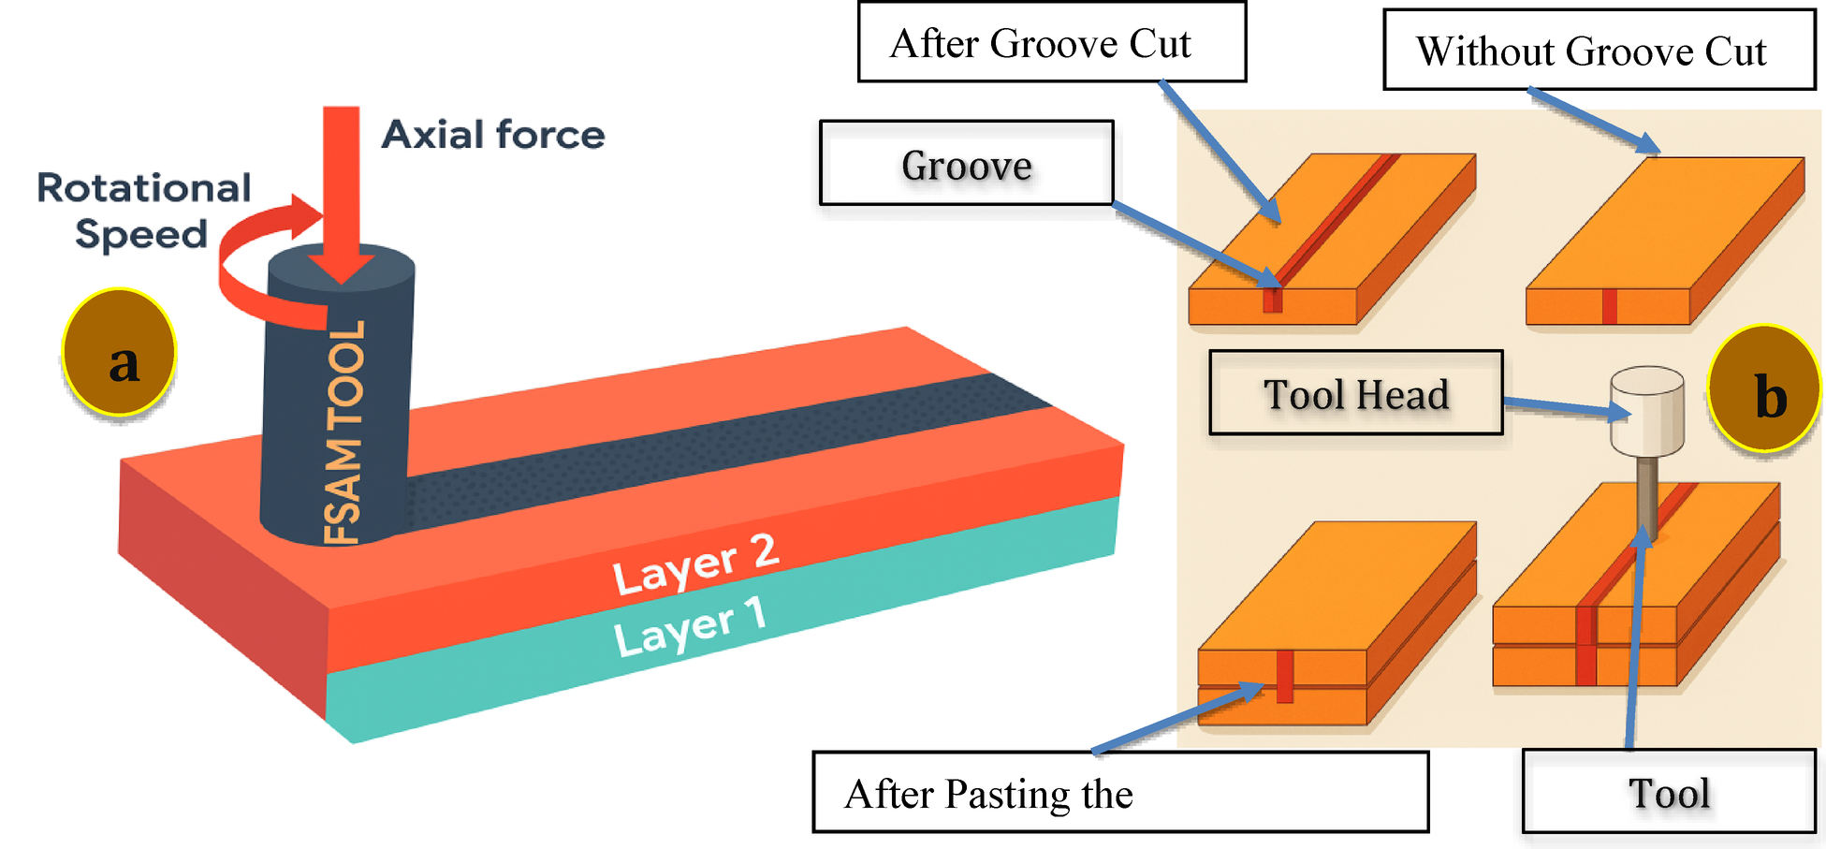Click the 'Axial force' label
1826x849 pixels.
point(493,135)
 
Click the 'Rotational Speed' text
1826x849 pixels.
point(142,211)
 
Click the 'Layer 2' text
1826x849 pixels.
point(694,564)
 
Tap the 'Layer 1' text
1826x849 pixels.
point(690,627)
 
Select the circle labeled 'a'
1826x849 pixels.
point(120,353)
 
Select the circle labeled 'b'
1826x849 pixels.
point(1764,388)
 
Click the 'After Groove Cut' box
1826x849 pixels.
point(1051,43)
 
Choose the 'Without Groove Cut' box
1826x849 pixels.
point(1599,51)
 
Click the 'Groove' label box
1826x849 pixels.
point(966,164)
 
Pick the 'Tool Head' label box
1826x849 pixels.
point(1355,393)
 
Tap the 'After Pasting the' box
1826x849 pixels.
point(1119,792)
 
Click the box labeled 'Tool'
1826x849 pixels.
point(1669,792)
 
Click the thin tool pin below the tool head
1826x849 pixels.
point(1647,496)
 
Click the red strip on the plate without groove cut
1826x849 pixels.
point(1609,307)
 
